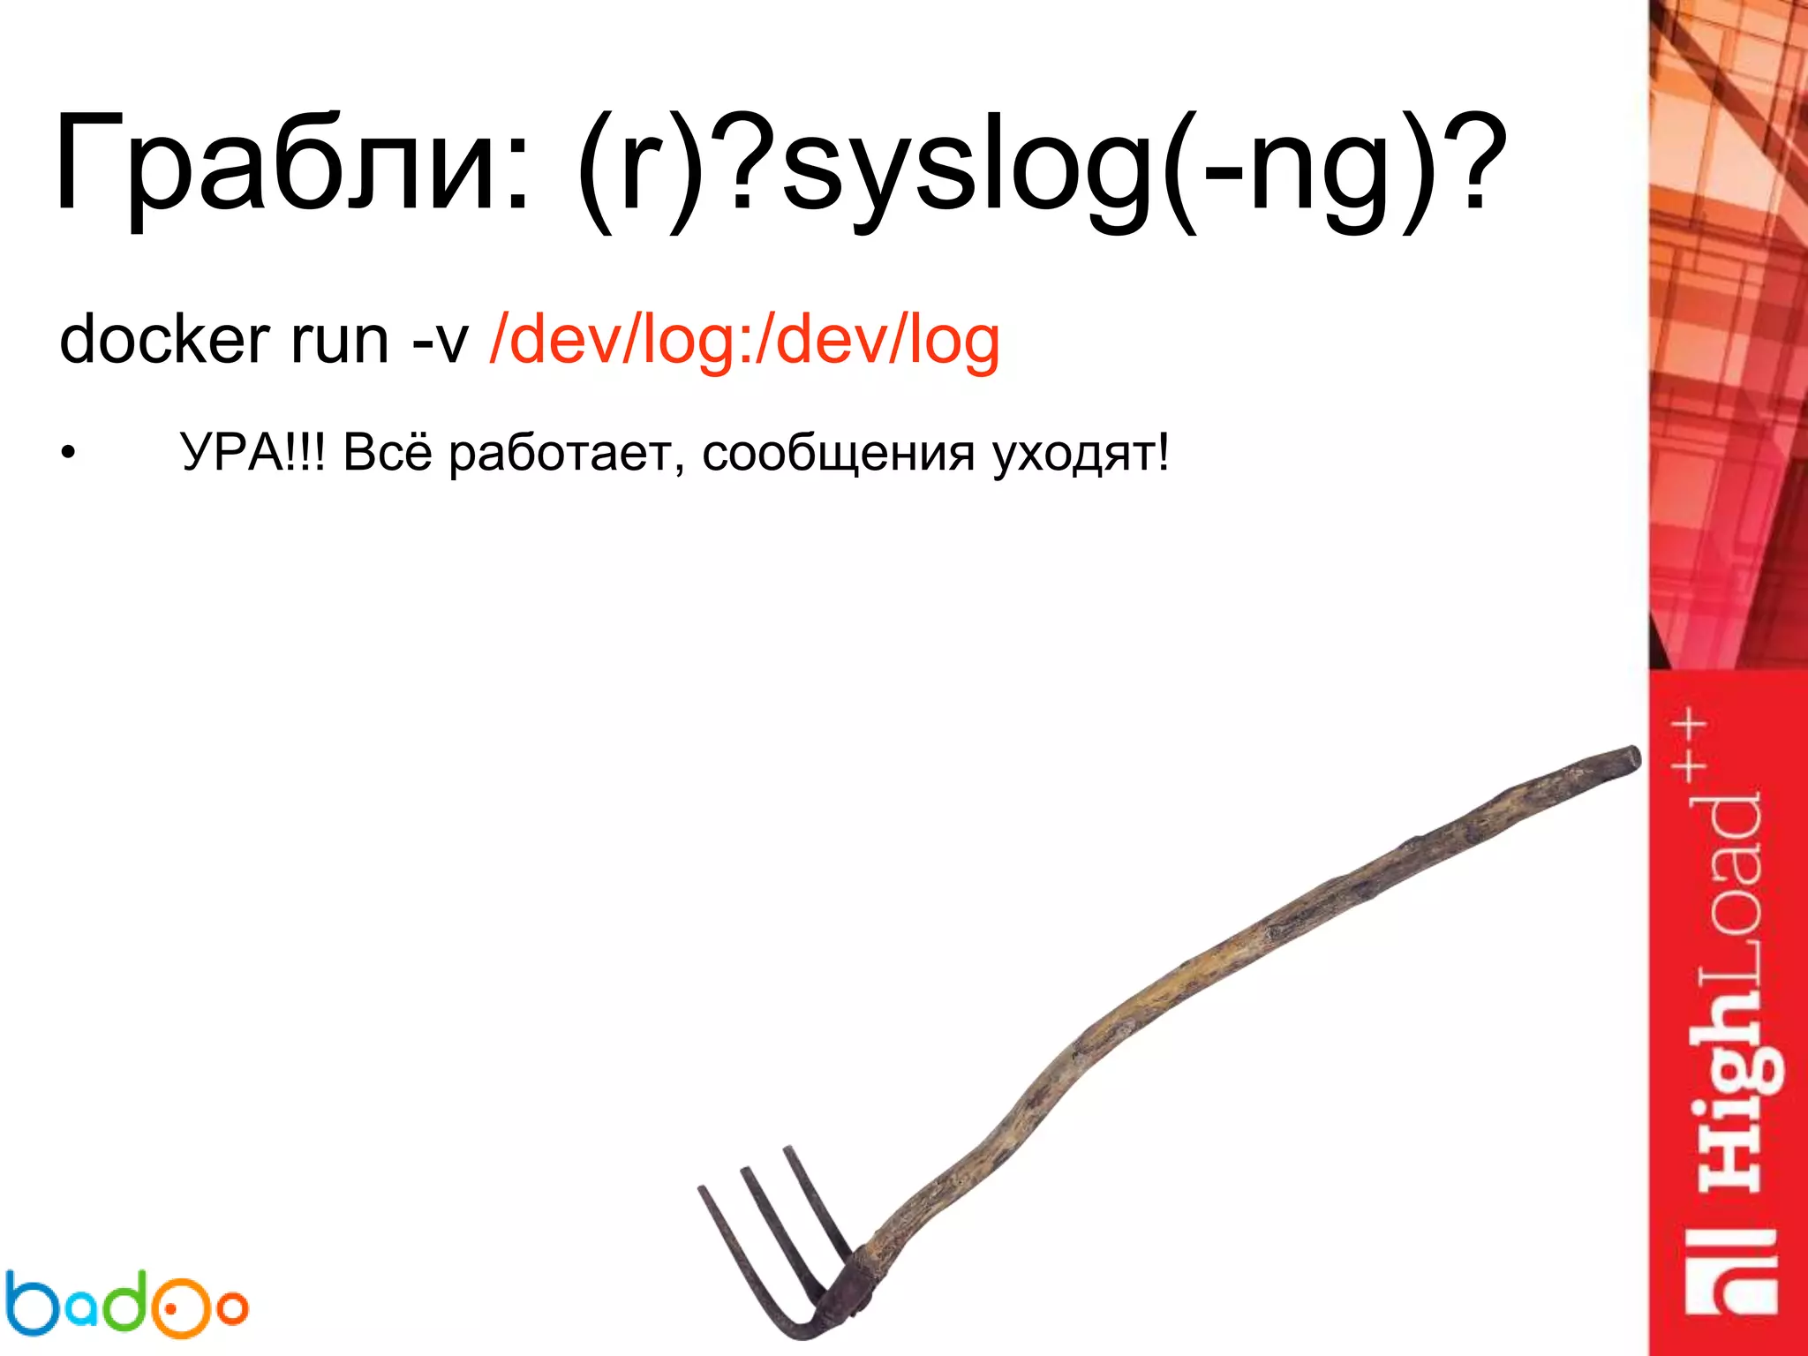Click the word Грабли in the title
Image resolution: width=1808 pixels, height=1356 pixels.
click(291, 163)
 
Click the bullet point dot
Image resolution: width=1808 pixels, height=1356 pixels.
click(69, 456)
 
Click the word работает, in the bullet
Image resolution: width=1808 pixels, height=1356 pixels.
click(566, 456)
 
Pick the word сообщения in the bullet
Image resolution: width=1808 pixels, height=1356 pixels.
click(839, 456)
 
